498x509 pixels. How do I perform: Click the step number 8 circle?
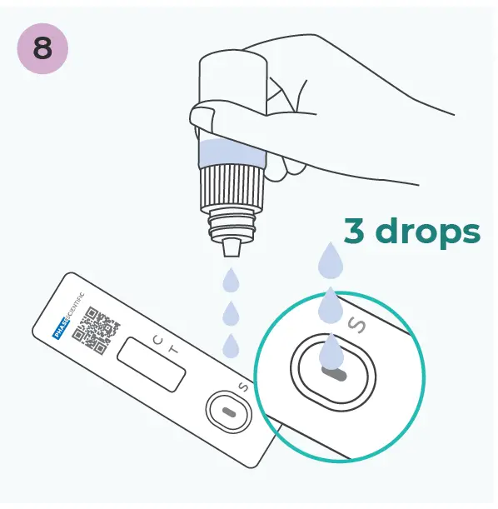click(42, 49)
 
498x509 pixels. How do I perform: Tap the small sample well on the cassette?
click(227, 412)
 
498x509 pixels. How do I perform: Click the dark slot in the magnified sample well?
click(333, 375)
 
